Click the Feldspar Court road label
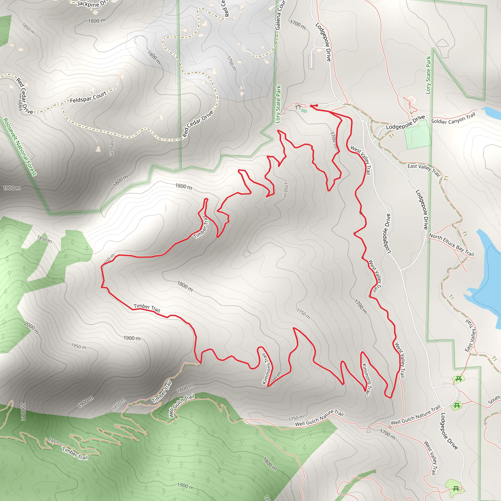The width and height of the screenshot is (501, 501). (88, 97)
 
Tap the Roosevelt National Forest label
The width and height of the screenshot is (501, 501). (20, 147)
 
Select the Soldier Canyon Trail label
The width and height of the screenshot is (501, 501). (453, 118)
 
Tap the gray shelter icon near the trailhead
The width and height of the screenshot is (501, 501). (298, 106)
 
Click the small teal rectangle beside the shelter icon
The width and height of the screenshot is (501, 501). (304, 111)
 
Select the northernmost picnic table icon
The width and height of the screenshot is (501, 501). (458, 379)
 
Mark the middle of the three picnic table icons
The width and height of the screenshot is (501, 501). (457, 405)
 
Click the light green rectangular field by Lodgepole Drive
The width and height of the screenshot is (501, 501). (418, 135)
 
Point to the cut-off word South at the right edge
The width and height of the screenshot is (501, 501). (494, 400)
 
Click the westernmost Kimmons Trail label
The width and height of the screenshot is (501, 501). (267, 369)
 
